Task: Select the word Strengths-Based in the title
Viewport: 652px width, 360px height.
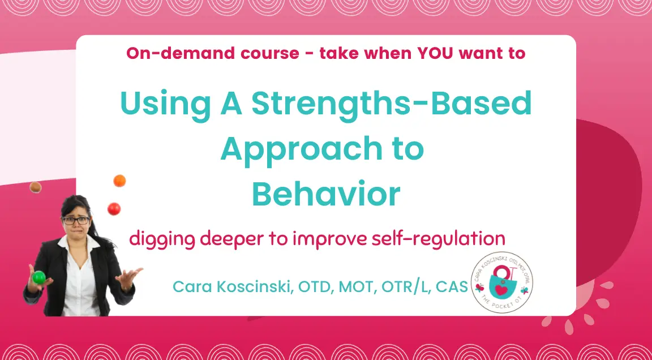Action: (391, 104)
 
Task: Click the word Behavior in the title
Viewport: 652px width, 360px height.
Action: (326, 194)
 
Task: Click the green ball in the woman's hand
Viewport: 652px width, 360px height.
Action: (39, 277)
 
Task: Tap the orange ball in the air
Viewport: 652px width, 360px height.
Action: (119, 181)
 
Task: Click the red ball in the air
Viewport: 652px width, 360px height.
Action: (114, 208)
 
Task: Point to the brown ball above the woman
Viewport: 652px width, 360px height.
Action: (36, 187)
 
